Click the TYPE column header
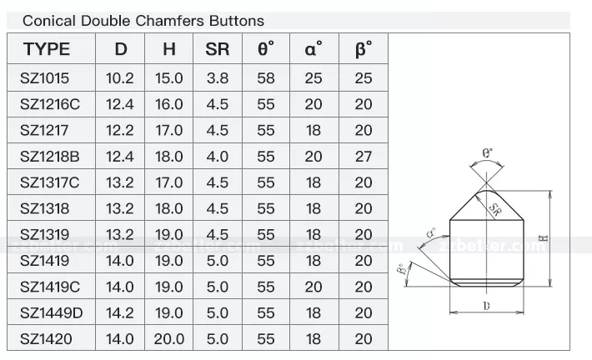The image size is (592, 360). point(47,49)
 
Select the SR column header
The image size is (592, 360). point(217,49)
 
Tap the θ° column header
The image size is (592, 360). point(265,49)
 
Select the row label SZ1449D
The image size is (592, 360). point(51,312)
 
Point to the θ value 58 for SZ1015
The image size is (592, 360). point(265,77)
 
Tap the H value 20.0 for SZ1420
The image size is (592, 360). point(168,339)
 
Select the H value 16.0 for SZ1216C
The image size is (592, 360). point(168,104)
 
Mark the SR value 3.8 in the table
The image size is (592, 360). point(217,77)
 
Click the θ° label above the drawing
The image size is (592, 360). point(488,153)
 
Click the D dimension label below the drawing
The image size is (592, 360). point(486,307)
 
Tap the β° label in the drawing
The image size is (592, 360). point(403,268)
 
